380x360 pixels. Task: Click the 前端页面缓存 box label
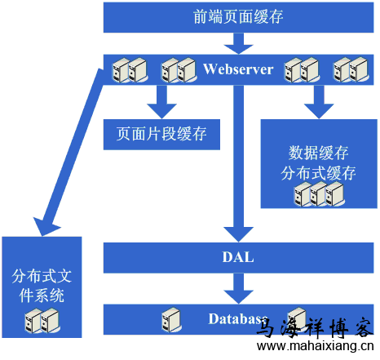tap(239, 17)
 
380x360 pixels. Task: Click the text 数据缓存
tap(319, 153)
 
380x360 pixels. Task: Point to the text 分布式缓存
tap(319, 173)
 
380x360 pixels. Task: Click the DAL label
tap(238, 257)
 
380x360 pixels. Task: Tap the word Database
tap(237, 318)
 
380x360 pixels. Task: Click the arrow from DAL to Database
tap(238, 286)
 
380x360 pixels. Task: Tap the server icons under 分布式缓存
tap(319, 195)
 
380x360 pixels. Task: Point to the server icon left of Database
tap(170, 318)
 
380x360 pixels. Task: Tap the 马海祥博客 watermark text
tap(315, 329)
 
